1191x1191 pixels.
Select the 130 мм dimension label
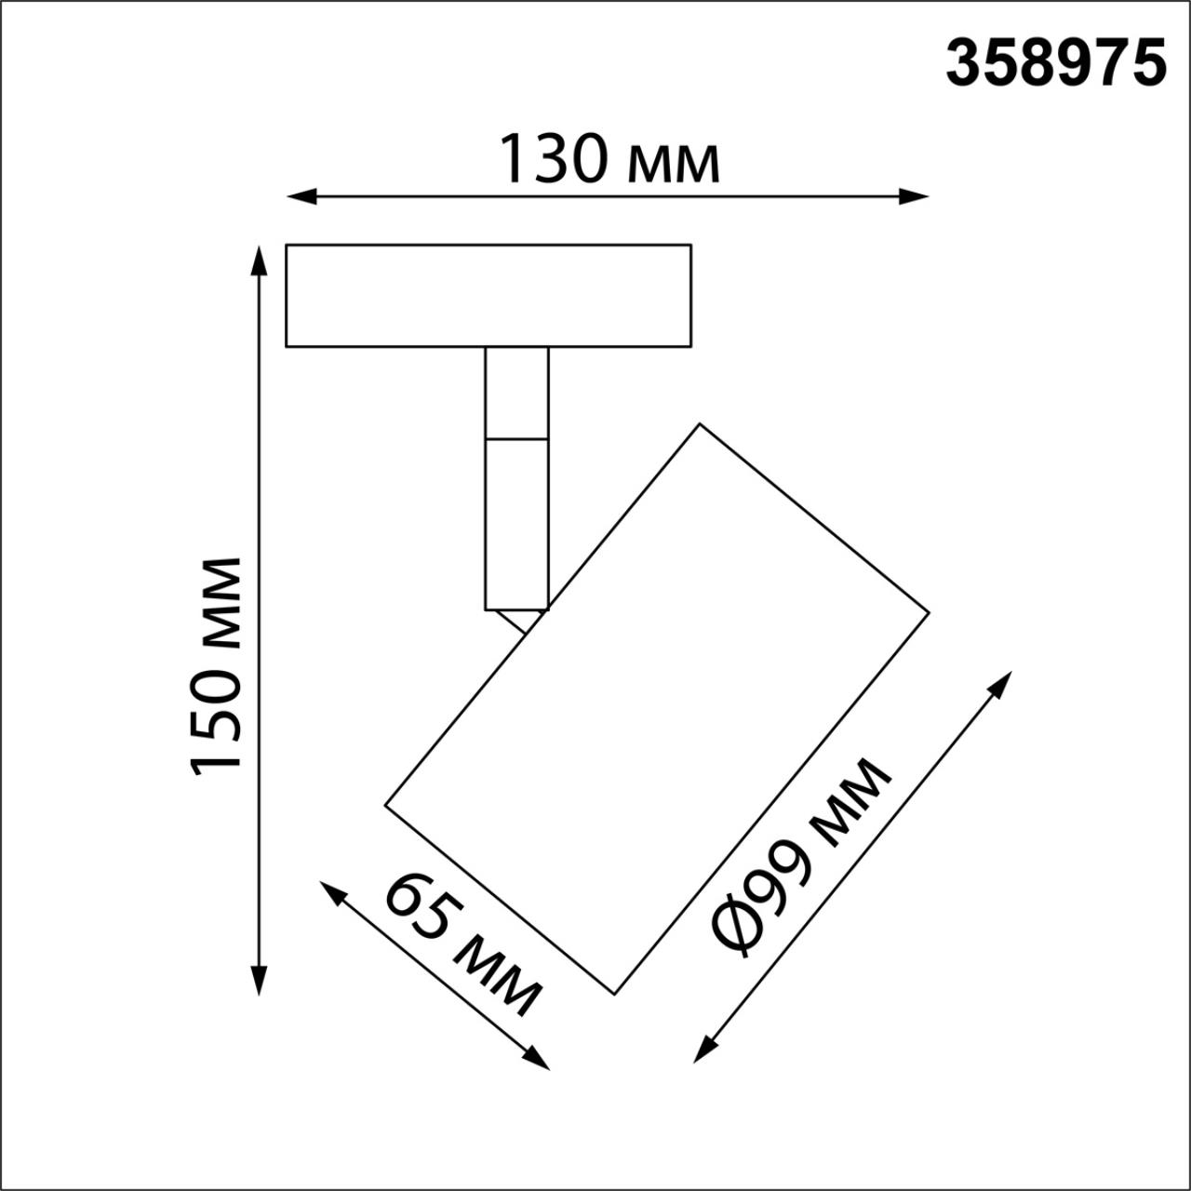(609, 159)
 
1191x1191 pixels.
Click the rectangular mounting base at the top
(488, 296)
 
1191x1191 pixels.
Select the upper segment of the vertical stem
(516, 392)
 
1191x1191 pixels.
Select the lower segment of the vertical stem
(516, 523)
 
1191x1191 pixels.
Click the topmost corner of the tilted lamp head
(699, 425)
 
